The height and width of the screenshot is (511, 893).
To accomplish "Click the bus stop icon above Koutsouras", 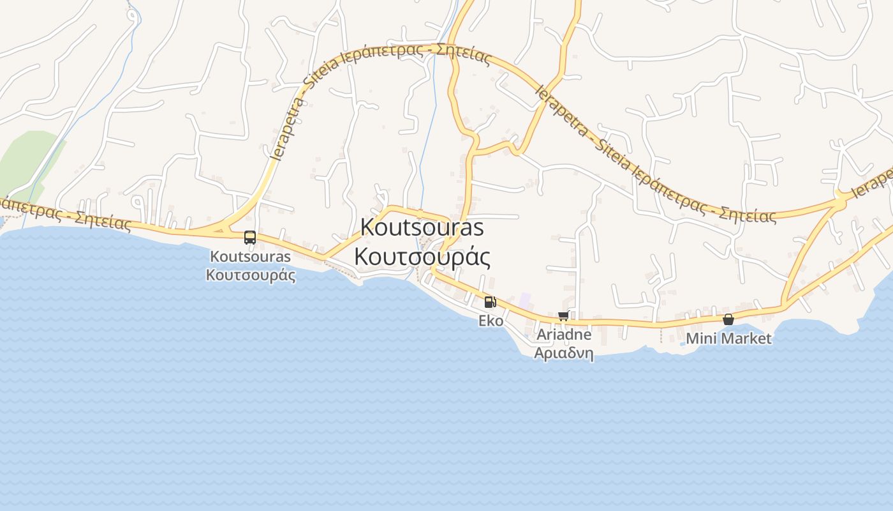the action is point(250,238).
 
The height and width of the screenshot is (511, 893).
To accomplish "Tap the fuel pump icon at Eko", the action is point(490,302).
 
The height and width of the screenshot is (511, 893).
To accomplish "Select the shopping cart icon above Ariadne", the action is point(563,316).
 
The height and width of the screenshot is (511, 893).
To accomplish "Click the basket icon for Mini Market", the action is point(728,319).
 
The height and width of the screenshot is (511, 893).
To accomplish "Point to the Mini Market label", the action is point(728,339).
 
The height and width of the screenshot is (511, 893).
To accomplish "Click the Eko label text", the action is point(491,321).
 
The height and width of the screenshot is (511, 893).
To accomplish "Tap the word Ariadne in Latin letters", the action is point(564,335).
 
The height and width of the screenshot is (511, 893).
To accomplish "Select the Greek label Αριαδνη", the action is point(564,353).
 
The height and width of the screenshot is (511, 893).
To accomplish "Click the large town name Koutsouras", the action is point(422,227).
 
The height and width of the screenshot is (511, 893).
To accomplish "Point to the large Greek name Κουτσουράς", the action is point(422,256).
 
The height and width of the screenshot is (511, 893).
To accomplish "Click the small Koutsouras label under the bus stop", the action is point(251,257).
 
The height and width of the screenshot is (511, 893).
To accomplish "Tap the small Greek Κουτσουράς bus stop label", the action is point(251,275).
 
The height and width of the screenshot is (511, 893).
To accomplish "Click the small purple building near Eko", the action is point(525,299).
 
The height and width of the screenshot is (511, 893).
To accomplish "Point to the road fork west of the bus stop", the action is point(220,227).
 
